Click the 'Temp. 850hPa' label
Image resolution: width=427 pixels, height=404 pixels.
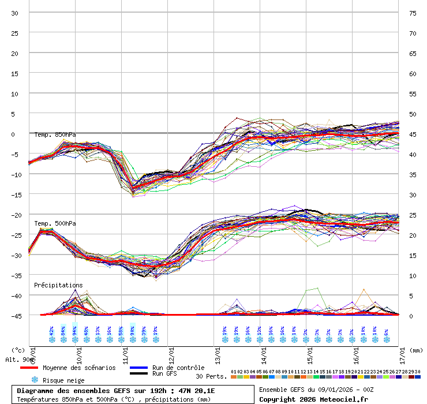55,135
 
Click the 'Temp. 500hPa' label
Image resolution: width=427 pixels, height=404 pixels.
55,223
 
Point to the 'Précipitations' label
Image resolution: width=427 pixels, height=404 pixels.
58,285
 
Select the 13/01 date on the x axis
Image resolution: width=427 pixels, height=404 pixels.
217,350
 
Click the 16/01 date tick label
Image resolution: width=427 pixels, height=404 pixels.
355,350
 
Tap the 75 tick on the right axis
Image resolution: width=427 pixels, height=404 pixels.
413,13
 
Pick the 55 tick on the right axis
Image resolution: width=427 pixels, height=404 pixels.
413,93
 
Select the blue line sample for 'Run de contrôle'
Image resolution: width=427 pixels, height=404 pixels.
138,368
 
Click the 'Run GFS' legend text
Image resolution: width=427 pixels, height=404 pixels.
164,374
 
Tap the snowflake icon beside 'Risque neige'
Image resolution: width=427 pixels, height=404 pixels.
35,380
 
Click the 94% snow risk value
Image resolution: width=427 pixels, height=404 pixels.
75,331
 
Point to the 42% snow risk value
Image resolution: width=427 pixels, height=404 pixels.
52,331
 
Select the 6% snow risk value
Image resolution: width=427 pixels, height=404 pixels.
387,331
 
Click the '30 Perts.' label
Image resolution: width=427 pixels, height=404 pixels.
208,376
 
